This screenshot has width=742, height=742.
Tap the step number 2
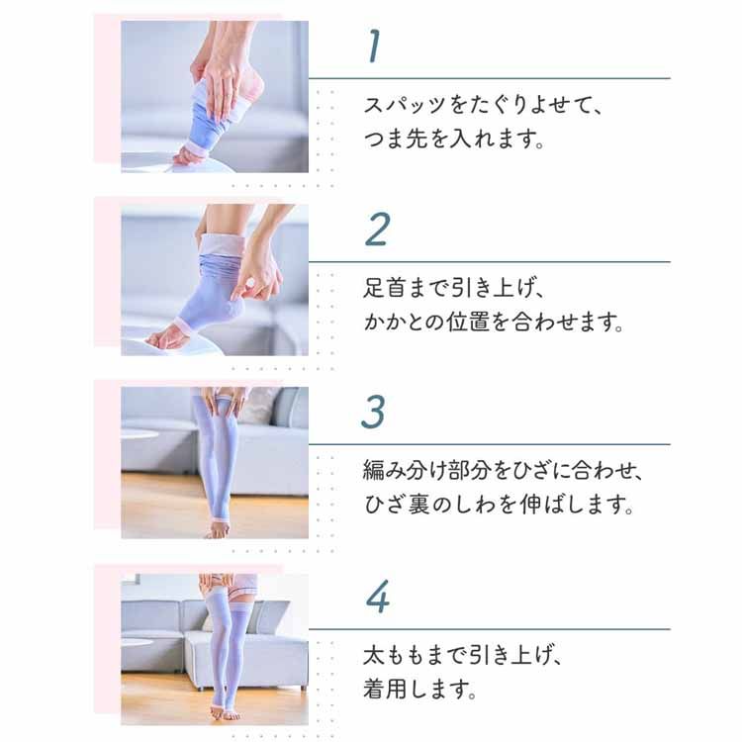click(x=377, y=229)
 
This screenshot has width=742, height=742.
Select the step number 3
click(x=372, y=412)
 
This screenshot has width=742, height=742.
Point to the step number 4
click(x=377, y=597)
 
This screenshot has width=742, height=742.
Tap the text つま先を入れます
click(x=455, y=139)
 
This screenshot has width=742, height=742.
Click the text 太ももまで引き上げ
click(x=455, y=654)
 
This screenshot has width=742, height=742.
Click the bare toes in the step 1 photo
click(x=189, y=156)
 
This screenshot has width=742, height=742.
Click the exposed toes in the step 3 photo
click(x=218, y=531)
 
